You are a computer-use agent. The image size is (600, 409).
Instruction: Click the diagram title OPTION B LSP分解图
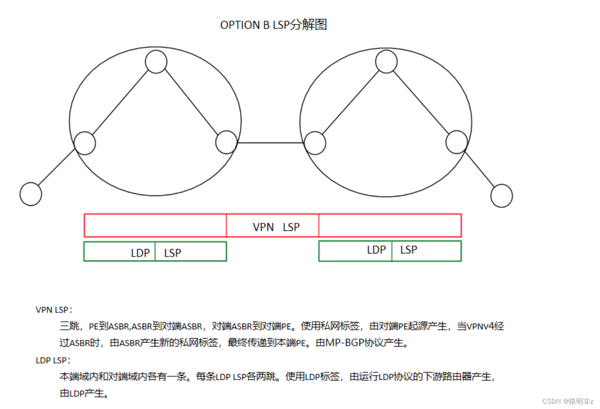273,25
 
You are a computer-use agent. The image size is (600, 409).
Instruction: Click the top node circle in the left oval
156,62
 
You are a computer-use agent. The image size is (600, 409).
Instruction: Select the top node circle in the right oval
386,62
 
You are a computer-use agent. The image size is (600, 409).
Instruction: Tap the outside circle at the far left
31,194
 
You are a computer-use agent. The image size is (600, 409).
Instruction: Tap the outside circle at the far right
502,196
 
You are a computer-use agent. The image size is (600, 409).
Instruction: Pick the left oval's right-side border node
226,142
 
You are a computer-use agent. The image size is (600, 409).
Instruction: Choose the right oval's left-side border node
315,143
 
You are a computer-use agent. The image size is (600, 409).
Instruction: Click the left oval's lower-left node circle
85,143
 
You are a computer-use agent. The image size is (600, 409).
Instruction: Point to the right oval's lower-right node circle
456,142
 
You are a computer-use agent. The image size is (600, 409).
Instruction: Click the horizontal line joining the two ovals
270,143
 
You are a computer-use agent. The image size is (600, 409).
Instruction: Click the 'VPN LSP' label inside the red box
276,227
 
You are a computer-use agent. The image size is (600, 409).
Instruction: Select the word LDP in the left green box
140,253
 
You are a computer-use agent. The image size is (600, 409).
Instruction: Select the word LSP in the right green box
409,250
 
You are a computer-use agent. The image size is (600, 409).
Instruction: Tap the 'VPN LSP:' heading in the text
54,310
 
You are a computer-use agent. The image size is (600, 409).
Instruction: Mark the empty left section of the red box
155,226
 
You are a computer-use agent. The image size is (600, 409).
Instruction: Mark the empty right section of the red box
390,226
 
